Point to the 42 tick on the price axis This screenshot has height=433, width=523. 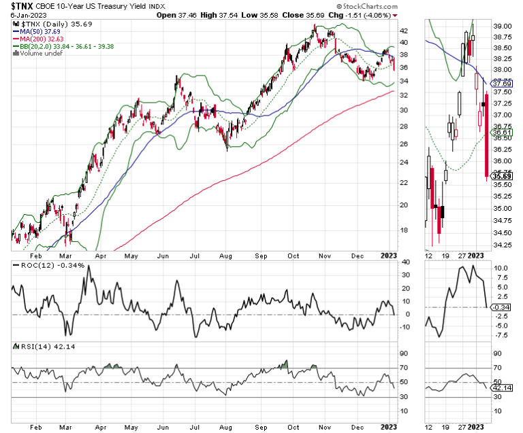[x=404, y=31]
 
